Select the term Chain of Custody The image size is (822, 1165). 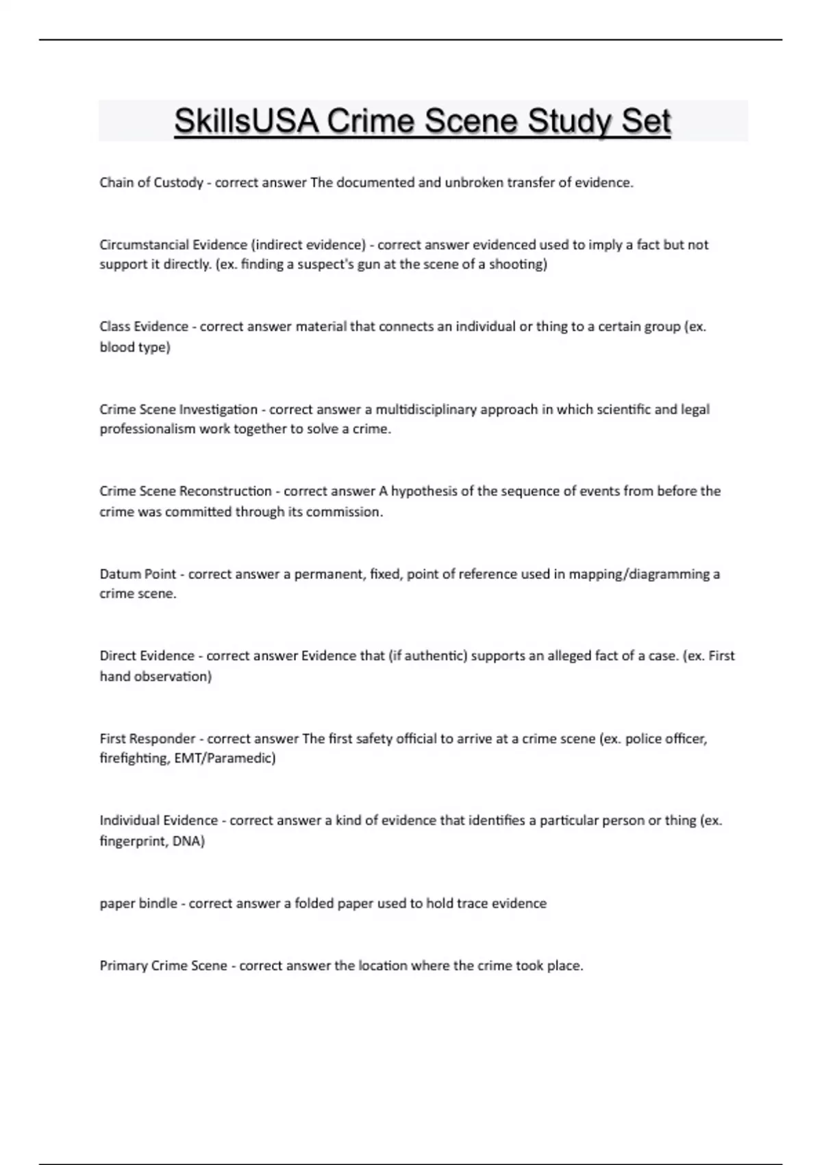click(x=151, y=183)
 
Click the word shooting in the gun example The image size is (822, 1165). click(x=517, y=265)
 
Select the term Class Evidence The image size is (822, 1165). click(x=144, y=327)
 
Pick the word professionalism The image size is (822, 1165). click(x=147, y=430)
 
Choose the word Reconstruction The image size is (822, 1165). click(x=225, y=491)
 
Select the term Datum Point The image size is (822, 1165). click(x=138, y=574)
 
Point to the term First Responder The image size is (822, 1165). click(x=147, y=739)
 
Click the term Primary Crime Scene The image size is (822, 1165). click(x=163, y=966)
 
